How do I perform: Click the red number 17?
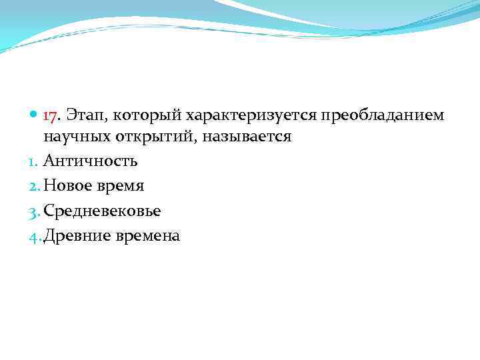51,116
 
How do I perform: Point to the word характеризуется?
245,117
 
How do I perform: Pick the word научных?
73,137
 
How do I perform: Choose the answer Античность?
91,161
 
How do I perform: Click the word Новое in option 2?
67,186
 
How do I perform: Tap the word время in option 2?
120,186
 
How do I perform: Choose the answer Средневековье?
102,211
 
